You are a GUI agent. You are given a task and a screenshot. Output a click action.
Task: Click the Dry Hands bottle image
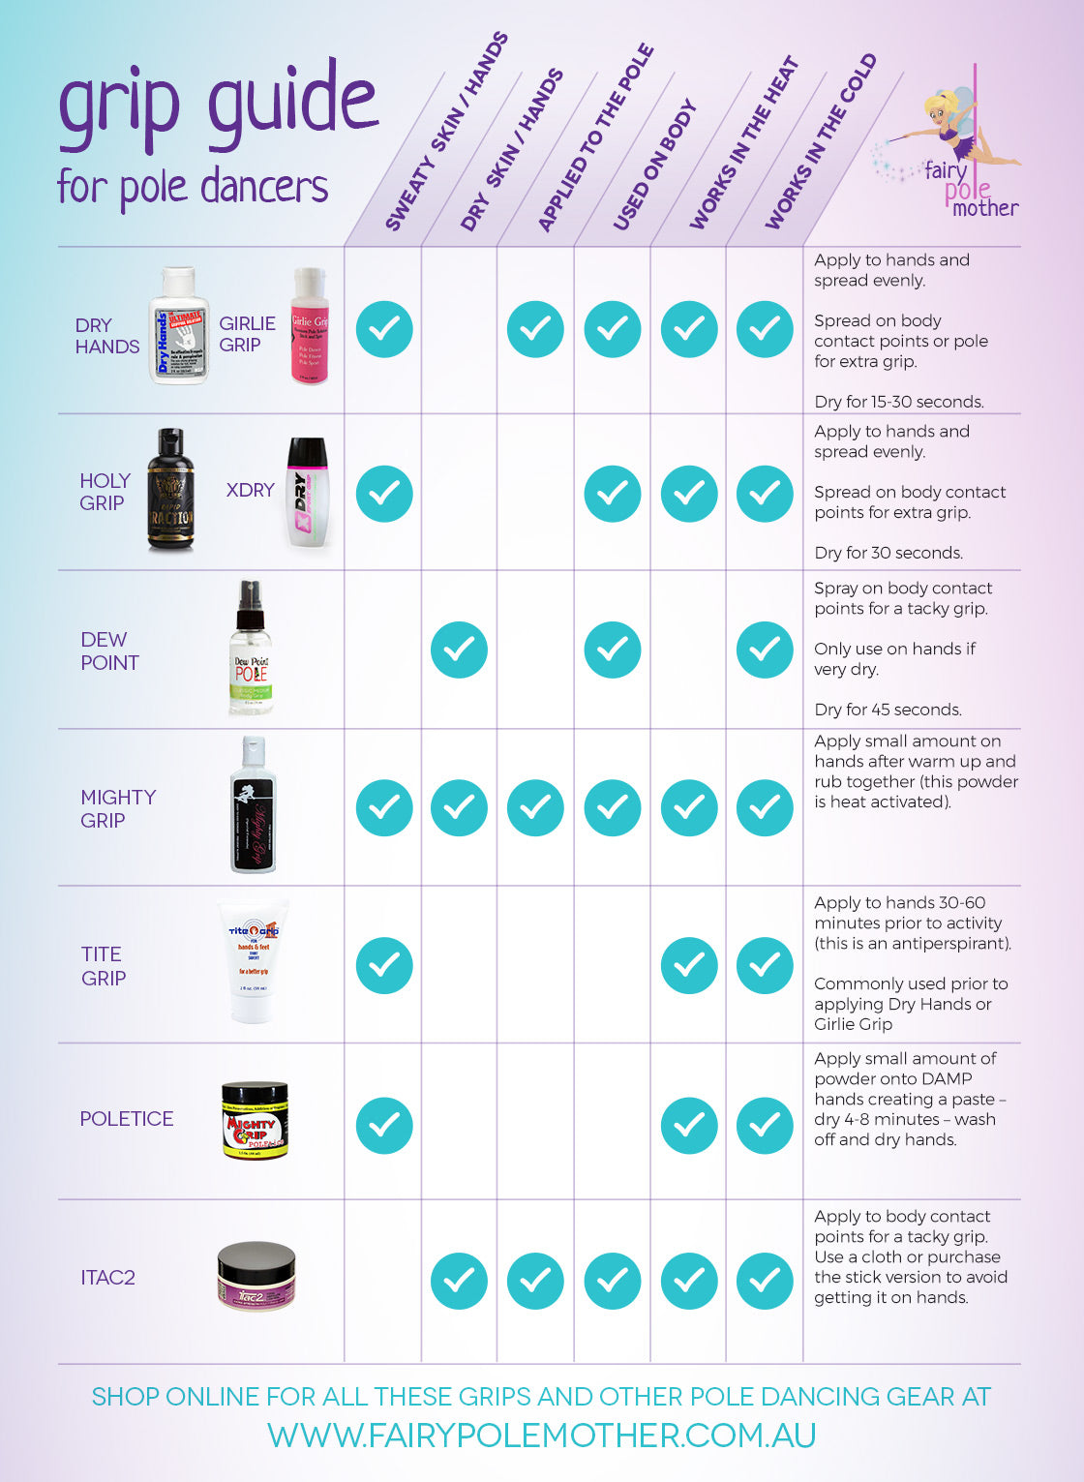tap(179, 327)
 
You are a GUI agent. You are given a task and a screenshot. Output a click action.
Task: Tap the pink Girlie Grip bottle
tap(310, 326)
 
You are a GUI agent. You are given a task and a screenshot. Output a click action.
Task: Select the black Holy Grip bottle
tap(170, 490)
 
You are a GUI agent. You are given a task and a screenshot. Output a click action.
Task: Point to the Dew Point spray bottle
tap(251, 650)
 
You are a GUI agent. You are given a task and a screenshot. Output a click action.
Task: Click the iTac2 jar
tap(256, 1276)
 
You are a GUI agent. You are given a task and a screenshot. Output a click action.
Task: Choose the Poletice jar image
tap(255, 1120)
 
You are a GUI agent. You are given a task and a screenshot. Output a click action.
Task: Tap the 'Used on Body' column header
tap(654, 166)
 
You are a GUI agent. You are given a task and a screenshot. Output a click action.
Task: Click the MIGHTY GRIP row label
tap(117, 808)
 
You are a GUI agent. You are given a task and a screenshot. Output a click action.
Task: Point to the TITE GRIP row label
tap(103, 965)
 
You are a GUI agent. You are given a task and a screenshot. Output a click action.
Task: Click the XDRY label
tap(250, 490)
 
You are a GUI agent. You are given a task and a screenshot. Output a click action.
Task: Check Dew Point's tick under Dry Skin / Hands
tap(459, 650)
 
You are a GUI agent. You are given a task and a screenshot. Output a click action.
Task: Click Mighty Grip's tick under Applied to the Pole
tap(535, 807)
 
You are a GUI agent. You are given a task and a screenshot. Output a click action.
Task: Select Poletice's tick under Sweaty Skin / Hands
tap(384, 1125)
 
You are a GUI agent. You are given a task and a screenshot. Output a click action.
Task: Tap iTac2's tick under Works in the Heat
tap(689, 1281)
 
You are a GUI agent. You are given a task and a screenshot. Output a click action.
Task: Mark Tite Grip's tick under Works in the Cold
tap(765, 965)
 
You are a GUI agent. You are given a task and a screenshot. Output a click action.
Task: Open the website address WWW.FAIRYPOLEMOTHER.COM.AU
tap(541, 1435)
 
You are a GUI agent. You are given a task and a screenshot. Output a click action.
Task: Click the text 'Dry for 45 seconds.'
tap(888, 710)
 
